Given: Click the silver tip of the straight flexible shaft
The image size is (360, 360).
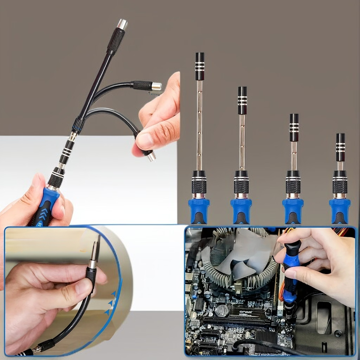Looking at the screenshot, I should click(121, 24).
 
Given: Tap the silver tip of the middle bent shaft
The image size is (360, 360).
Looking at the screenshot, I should click(156, 86).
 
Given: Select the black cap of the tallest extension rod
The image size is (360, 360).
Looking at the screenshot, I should click(199, 60).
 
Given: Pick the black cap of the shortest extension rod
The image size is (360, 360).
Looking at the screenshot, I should click(340, 140).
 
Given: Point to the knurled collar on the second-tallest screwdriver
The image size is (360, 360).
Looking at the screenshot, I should click(241, 185).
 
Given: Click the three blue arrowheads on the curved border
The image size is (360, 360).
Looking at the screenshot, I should click(110, 301).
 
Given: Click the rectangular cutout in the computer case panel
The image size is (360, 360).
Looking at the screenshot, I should click(324, 310).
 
